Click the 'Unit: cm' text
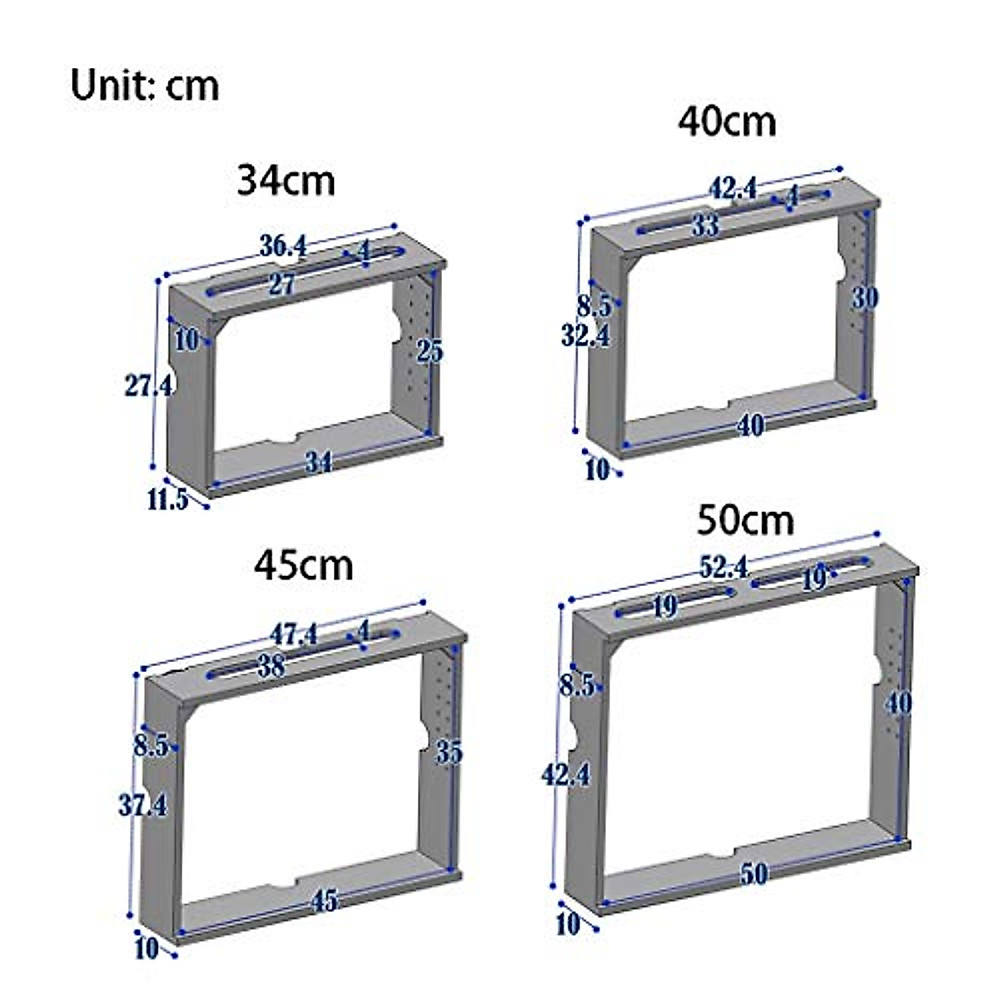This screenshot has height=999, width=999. [145, 86]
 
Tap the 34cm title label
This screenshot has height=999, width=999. [286, 180]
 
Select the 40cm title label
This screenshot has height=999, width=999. [727, 122]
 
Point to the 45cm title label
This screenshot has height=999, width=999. [304, 565]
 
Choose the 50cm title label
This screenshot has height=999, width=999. [745, 521]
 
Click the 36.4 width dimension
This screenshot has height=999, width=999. [283, 246]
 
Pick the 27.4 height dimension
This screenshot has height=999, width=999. [148, 385]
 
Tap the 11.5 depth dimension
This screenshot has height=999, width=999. [167, 500]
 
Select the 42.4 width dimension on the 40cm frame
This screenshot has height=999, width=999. [733, 188]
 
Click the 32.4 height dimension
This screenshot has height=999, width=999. [585, 335]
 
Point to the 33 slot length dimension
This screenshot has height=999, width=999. [704, 225]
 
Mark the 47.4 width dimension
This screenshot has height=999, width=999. [293, 634]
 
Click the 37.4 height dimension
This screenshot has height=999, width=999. [142, 805]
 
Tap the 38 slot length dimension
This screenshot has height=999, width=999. [271, 665]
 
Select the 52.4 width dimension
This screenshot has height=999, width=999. [723, 568]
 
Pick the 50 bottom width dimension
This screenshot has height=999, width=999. [753, 873]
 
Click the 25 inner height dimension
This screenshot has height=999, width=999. [430, 351]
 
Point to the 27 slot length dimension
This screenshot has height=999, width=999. [281, 285]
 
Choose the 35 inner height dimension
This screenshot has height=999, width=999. [449, 753]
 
